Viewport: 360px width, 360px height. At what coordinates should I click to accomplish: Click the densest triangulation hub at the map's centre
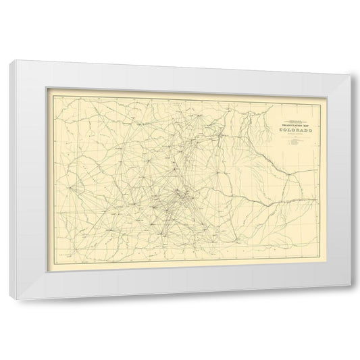click(x=177, y=195)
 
